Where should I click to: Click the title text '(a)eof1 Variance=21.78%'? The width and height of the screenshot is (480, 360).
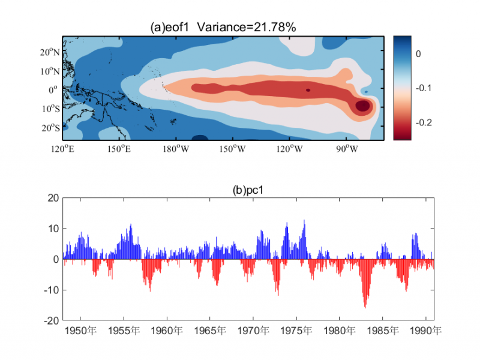223,27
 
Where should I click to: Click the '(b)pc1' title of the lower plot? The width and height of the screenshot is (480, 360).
248,190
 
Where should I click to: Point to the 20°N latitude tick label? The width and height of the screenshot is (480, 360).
50,52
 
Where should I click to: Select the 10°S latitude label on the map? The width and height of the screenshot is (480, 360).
50,109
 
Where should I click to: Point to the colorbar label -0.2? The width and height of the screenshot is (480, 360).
424,122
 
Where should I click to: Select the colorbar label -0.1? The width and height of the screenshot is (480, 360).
424,88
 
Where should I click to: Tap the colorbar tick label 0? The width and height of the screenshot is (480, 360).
419,54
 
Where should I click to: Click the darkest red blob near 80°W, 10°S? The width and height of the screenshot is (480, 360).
363,106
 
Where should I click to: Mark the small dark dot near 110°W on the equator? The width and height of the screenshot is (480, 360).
308,90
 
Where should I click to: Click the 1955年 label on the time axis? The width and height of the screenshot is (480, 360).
124,331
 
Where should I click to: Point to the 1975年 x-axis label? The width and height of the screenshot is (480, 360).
296,331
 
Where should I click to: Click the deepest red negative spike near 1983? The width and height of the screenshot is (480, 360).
365,306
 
